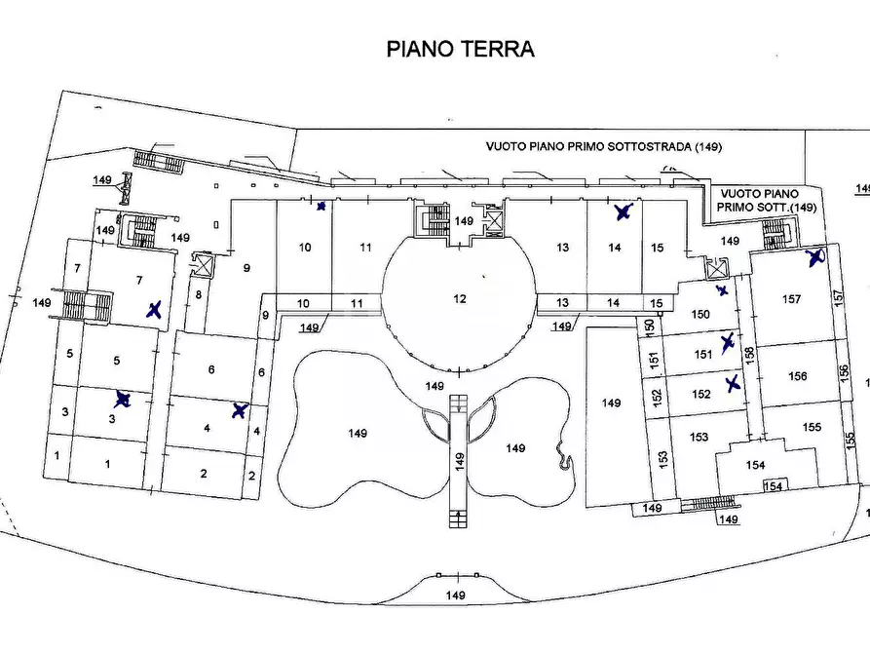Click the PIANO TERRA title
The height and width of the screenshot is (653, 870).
tap(461, 49)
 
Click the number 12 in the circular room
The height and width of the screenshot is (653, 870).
tap(460, 298)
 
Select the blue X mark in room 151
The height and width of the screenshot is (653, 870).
tap(727, 341)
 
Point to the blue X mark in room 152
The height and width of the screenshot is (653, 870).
tap(733, 383)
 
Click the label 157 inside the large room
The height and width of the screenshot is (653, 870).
tap(791, 299)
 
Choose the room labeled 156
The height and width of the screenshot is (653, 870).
tap(798, 376)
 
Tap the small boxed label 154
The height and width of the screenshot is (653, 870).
tap(773, 485)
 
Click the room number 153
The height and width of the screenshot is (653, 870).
tap(698, 438)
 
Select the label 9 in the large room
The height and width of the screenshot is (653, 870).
tap(246, 268)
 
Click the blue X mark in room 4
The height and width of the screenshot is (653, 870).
tap(239, 410)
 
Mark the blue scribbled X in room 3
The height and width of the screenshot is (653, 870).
tap(123, 399)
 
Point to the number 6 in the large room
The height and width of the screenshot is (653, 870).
tap(211, 369)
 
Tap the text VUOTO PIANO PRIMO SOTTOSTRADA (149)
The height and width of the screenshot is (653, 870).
tap(603, 146)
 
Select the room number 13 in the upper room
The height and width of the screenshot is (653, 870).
tap(562, 248)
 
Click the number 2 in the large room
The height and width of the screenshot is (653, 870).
tap(204, 474)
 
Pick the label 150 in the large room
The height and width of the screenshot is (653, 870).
tap(700, 314)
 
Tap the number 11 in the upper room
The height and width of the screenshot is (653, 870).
tap(364, 248)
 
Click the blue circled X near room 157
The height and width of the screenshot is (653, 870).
tap(815, 257)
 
